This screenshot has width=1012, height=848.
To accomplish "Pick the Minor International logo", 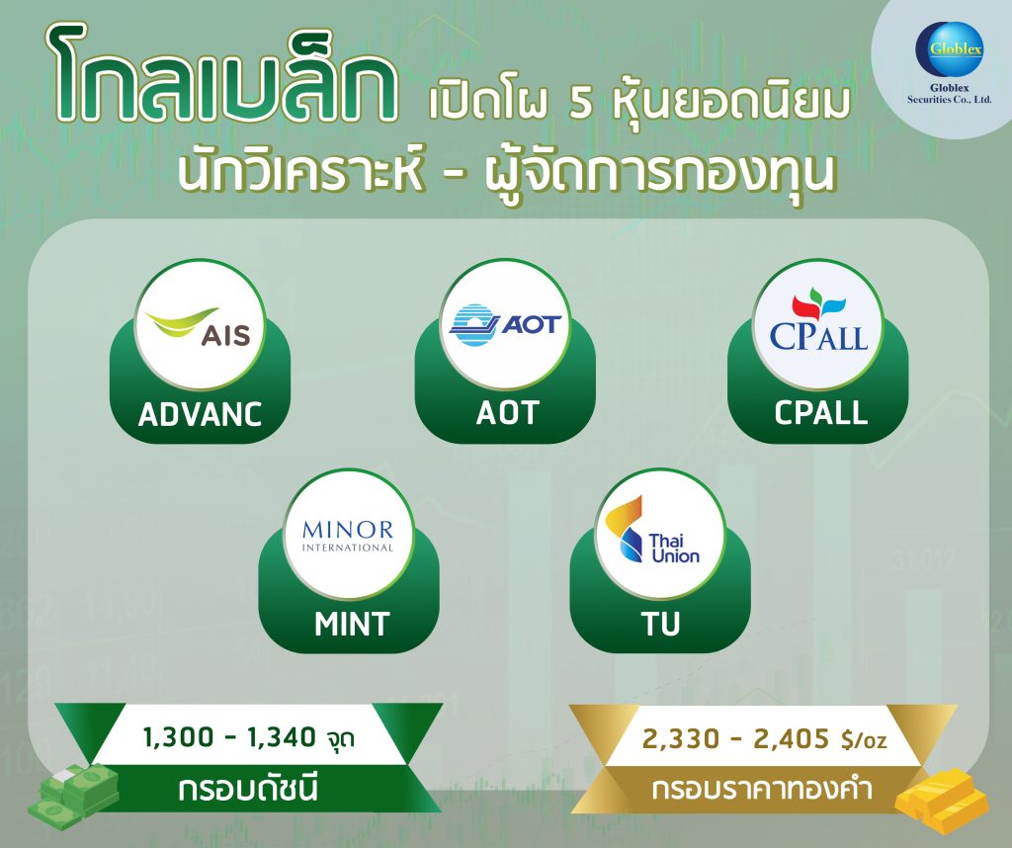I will coord(348,535).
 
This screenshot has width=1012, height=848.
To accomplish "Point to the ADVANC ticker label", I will coord(201,414).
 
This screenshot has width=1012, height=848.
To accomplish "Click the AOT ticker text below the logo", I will coord(506,413).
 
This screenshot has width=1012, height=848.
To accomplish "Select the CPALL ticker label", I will coord(820,413).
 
